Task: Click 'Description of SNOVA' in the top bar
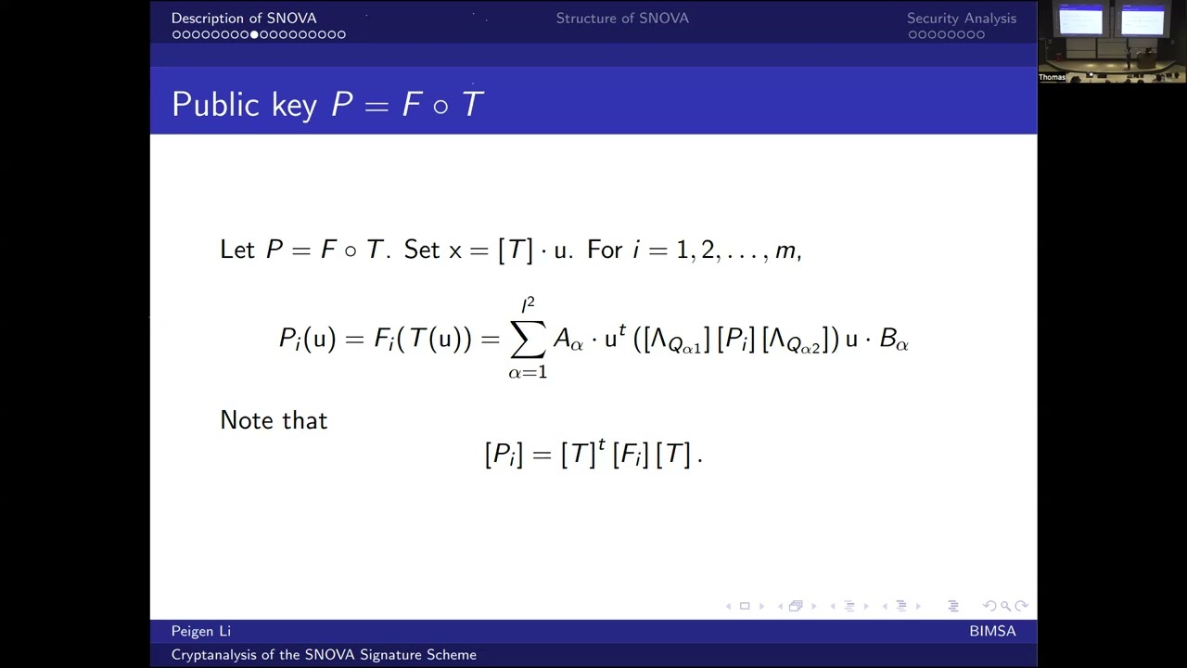tap(244, 19)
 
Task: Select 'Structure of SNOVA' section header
tap(622, 19)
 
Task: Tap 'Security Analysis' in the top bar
tap(961, 19)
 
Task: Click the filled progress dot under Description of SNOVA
tap(255, 35)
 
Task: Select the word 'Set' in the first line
tap(422, 250)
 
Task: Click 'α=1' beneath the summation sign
tap(528, 373)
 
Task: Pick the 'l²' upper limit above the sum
tap(528, 304)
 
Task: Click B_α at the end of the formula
tap(893, 340)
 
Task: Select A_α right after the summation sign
tap(568, 340)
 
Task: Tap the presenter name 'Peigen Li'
tap(201, 632)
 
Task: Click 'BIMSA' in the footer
tap(992, 632)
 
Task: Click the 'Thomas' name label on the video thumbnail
tap(1052, 77)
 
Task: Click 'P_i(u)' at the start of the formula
tap(307, 340)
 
